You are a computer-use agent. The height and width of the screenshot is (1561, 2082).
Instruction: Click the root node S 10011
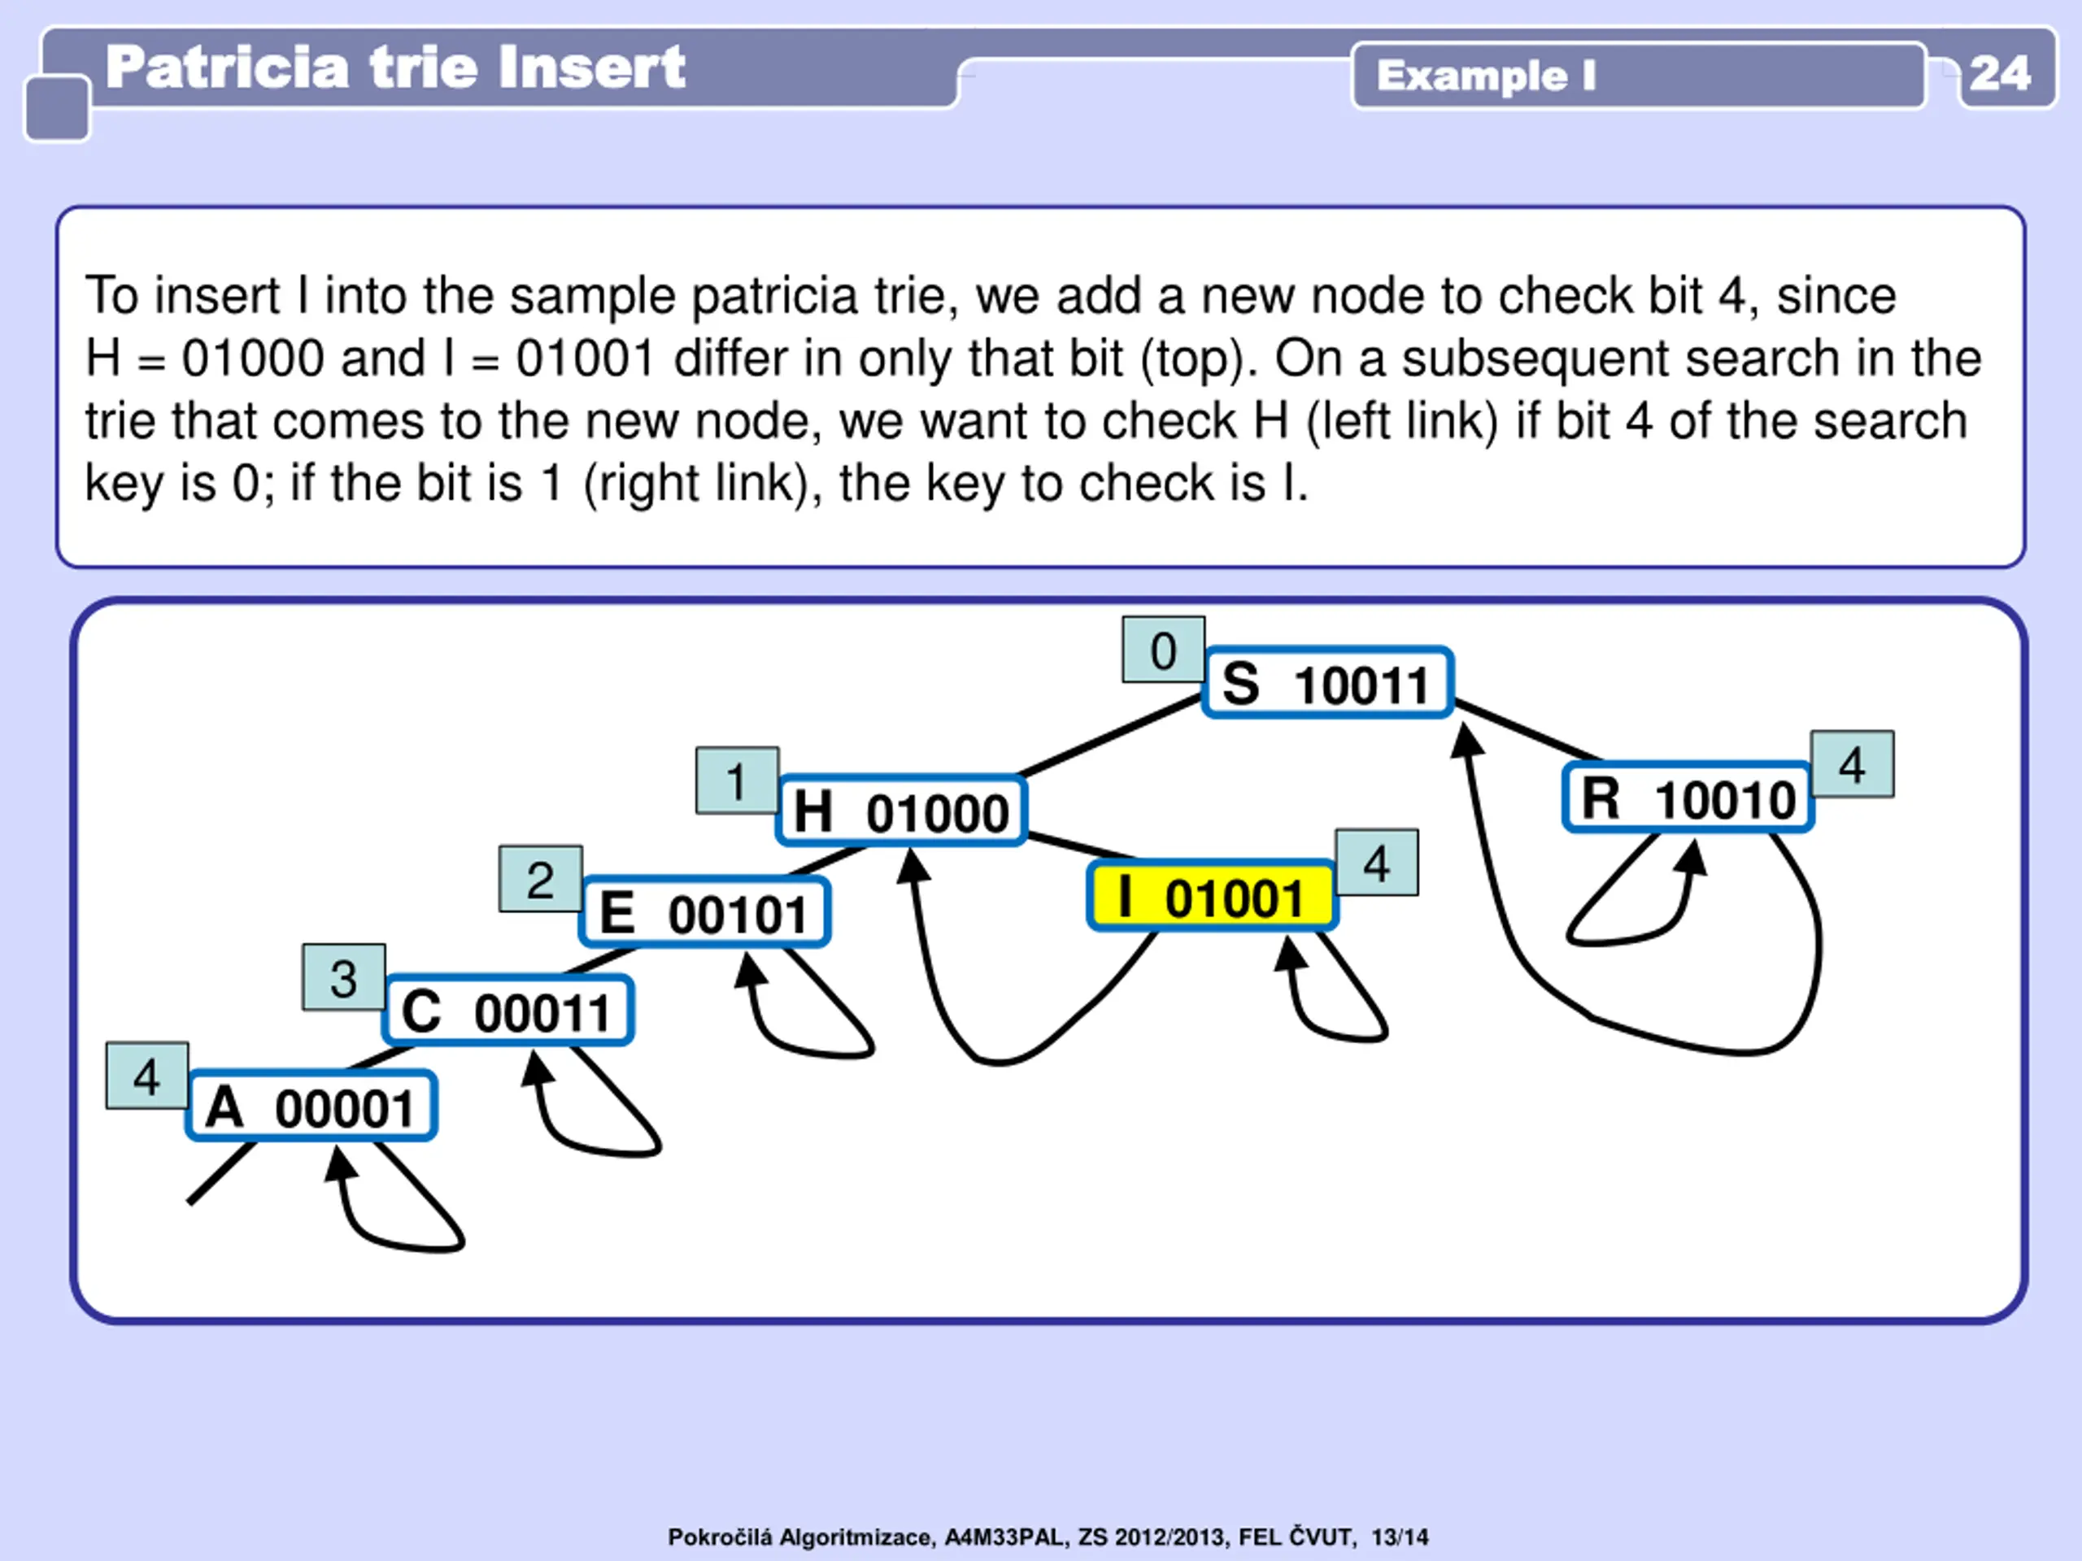1327,683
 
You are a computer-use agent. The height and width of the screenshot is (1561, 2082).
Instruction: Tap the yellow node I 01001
1211,897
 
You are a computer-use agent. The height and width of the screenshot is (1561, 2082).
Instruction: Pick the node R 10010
1688,798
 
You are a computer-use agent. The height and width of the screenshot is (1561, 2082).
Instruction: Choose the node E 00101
705,911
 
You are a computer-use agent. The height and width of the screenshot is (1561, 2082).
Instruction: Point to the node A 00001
311,1107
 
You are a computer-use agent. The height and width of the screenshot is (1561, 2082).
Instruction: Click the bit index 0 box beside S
1163,650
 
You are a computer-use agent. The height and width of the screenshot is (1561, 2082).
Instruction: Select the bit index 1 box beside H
737,780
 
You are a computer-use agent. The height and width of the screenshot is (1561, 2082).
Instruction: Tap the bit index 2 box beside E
540,878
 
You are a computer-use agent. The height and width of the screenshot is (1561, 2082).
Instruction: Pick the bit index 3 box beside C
343,976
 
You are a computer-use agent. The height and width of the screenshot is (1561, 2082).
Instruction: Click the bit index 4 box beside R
1853,764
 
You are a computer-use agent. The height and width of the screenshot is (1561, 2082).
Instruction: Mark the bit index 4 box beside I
1376,862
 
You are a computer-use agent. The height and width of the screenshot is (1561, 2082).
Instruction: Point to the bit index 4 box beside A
147,1076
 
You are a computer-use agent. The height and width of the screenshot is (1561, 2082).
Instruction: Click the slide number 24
1999,73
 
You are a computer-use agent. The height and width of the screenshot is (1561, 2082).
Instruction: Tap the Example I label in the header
1486,76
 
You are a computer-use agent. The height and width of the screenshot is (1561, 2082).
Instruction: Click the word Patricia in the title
227,67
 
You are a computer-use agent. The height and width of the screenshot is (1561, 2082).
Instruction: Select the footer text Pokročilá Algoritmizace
801,1537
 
